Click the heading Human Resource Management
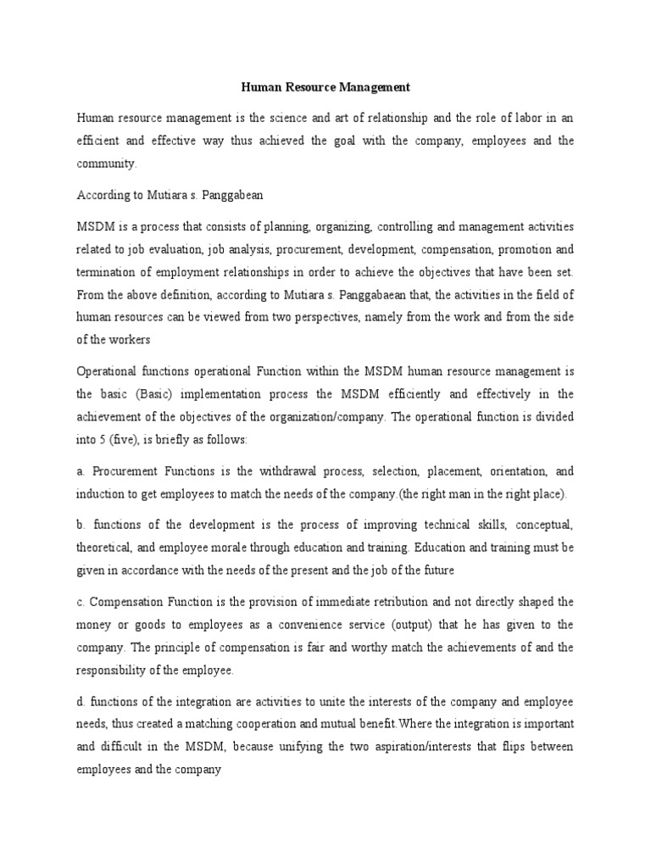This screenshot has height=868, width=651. coord(326,86)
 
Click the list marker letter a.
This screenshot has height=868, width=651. coord(81,471)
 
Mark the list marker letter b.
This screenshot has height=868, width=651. coord(81,524)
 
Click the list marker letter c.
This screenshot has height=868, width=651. coord(81,602)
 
